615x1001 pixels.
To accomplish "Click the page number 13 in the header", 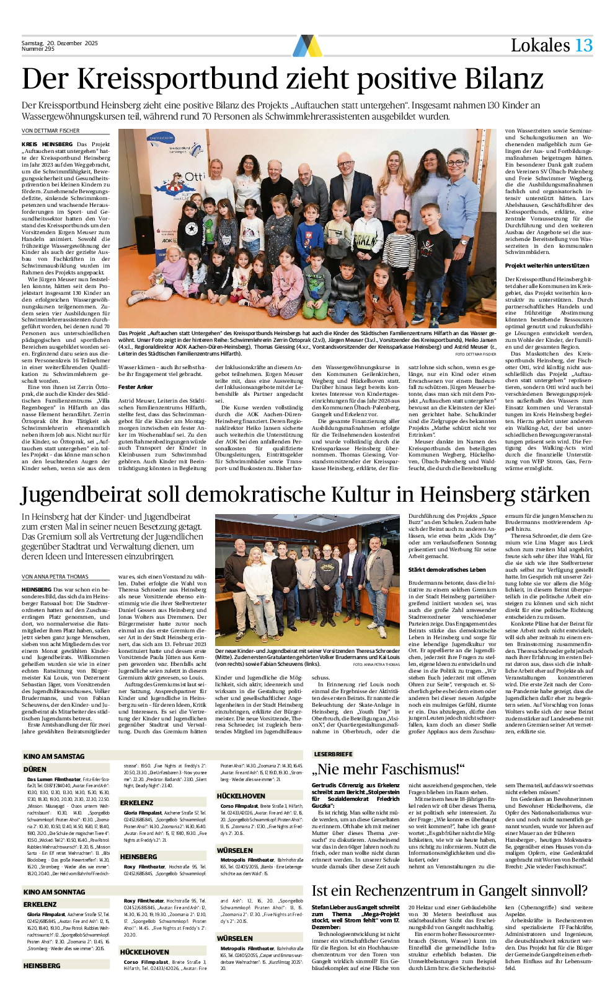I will [x=583, y=45].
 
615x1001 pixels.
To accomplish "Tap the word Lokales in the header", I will [x=540, y=45].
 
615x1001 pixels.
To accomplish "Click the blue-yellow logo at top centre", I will [x=307, y=46].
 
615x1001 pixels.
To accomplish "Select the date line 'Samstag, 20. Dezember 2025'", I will [x=60, y=43].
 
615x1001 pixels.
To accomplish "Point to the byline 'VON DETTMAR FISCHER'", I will [x=51, y=131].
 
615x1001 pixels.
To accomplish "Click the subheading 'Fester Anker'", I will [x=135, y=387].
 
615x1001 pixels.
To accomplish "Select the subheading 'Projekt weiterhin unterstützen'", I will [x=547, y=266].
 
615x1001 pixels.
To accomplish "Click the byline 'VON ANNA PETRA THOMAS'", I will [x=55, y=577].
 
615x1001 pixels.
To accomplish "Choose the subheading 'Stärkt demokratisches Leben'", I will [x=446, y=569].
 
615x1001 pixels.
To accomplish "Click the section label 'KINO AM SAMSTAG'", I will [x=54, y=756].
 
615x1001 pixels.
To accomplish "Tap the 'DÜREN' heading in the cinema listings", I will [x=35, y=769].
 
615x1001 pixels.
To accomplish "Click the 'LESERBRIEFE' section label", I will [x=333, y=754].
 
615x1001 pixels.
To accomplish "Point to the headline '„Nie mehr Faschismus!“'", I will [x=388, y=770].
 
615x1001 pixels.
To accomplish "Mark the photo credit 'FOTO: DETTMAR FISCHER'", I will [x=476, y=354].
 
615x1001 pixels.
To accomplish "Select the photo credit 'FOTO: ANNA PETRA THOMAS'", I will [x=376, y=664].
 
